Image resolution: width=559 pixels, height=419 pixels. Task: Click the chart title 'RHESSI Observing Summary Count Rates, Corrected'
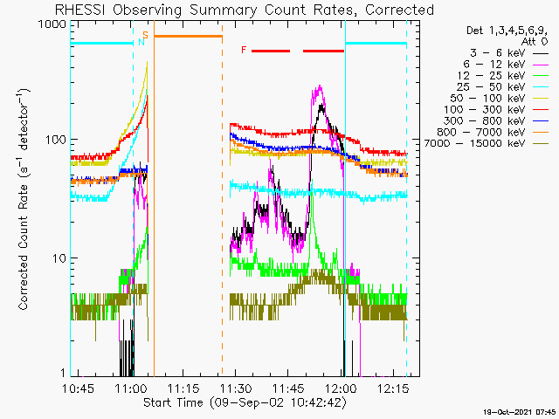245,10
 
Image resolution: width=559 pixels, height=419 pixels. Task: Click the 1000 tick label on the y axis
52,25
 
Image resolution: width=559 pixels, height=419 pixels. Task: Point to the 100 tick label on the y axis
56,140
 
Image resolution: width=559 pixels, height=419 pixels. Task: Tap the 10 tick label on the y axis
59,258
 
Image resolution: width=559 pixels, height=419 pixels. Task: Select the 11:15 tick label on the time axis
183,388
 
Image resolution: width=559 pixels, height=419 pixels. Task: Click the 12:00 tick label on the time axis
342,388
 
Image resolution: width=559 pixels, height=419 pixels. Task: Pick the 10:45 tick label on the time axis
78,388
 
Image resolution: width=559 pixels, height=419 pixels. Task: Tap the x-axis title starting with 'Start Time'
245,402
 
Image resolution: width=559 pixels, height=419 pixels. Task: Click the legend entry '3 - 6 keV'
497,53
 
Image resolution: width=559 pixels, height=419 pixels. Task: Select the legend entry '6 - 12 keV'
494,65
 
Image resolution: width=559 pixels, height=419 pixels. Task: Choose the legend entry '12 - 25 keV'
491,76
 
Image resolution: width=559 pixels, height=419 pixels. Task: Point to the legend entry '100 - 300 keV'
485,110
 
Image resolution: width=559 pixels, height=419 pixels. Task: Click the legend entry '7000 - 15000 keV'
475,143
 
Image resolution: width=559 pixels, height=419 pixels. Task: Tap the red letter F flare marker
244,50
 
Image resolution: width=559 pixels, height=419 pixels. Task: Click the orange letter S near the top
146,35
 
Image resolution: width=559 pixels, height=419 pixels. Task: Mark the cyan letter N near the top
141,42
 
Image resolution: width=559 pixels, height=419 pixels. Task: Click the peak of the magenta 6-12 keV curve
320,86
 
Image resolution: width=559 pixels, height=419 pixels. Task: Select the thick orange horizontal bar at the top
189,36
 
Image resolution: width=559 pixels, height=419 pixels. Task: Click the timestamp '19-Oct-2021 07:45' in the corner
519,412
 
